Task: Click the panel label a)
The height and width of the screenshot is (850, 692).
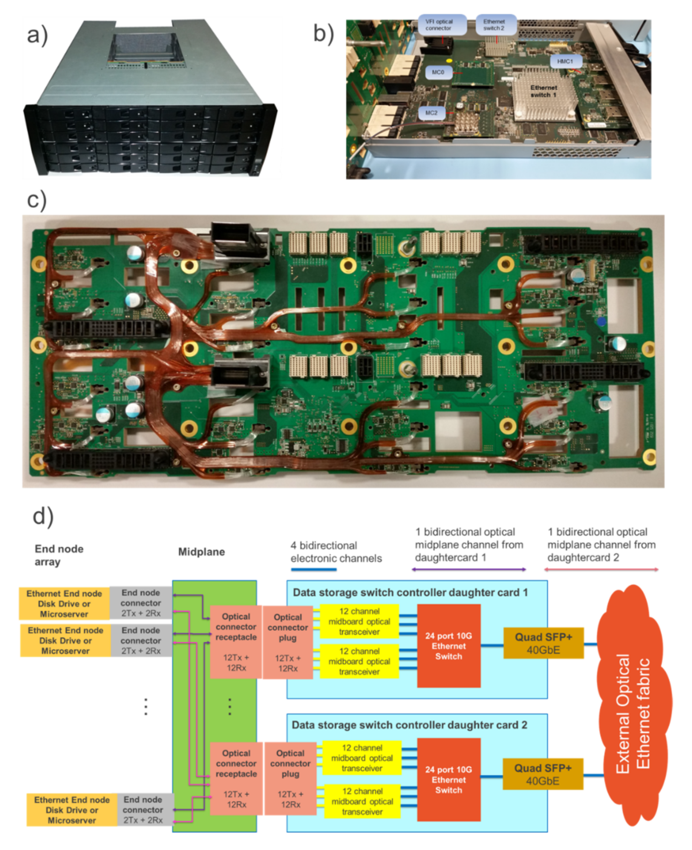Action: pyautogui.click(x=37, y=35)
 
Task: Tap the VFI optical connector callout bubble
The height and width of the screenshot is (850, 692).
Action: pyautogui.click(x=442, y=25)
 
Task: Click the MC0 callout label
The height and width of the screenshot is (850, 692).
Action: pyautogui.click(x=437, y=72)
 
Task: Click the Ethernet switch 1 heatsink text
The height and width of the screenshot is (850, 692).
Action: pyautogui.click(x=543, y=91)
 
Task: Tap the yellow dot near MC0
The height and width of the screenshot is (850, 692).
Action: pyautogui.click(x=449, y=61)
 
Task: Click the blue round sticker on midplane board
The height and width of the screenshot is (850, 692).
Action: pyautogui.click(x=601, y=321)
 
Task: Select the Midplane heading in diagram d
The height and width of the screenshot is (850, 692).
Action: pyautogui.click(x=201, y=551)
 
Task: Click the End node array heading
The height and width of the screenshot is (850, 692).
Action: pyautogui.click(x=59, y=555)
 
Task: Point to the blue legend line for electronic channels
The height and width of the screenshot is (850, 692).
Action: pyautogui.click(x=314, y=569)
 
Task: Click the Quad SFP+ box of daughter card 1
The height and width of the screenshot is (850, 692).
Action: pyautogui.click(x=543, y=643)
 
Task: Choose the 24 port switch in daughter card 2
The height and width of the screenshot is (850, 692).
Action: pyautogui.click(x=449, y=779)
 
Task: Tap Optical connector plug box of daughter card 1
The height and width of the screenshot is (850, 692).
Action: pyautogui.click(x=287, y=642)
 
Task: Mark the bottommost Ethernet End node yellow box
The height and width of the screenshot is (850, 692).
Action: pyautogui.click(x=72, y=810)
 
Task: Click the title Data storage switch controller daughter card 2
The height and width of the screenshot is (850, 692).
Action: pyautogui.click(x=409, y=725)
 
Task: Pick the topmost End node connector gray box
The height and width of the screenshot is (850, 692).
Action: pyautogui.click(x=141, y=603)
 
